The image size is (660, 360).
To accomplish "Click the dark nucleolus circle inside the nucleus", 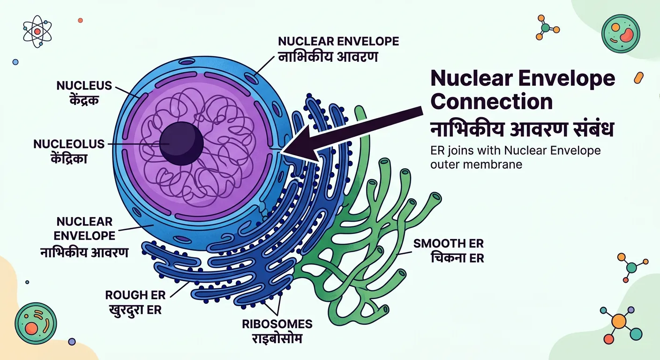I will (x=181, y=143).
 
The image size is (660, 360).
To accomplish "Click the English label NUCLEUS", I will (x=84, y=86).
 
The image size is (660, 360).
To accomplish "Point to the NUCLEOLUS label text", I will (x=69, y=144).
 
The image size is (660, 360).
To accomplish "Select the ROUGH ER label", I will (x=133, y=295).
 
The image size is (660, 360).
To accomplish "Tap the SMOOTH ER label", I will (x=448, y=244).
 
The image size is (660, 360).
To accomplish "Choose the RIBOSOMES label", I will (x=277, y=324).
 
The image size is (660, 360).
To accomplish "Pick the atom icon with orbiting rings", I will (x=37, y=31).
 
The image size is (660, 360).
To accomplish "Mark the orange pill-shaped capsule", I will (x=638, y=78).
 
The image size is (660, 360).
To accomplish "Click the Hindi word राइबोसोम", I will (x=277, y=338).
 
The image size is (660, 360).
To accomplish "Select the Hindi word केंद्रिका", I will (x=70, y=158).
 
